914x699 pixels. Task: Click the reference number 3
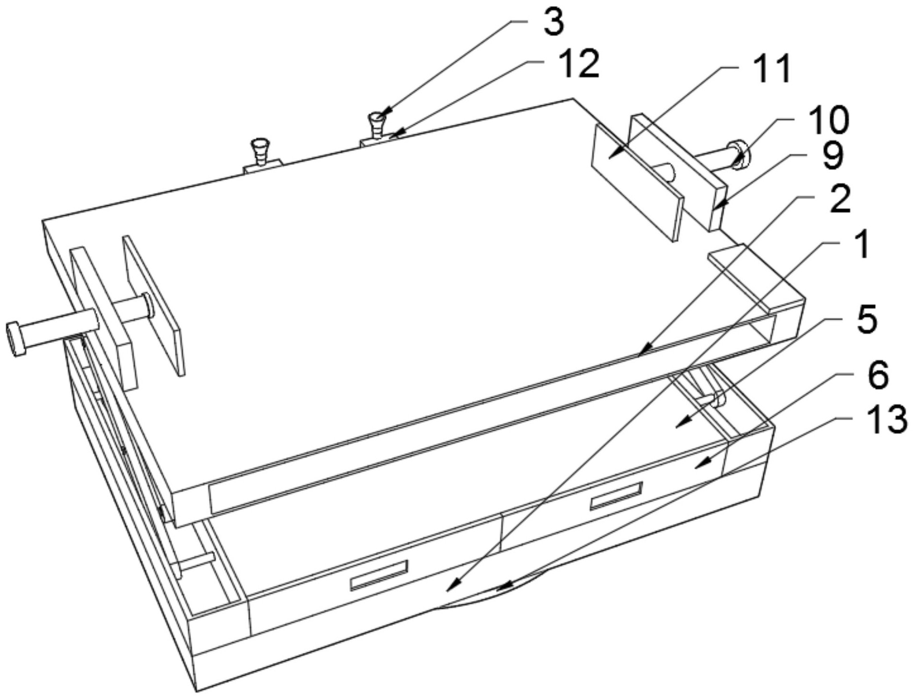[553, 23]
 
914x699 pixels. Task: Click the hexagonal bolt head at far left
[16, 339]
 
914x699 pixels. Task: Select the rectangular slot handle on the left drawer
[379, 575]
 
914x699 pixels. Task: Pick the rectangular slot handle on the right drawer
[616, 496]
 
